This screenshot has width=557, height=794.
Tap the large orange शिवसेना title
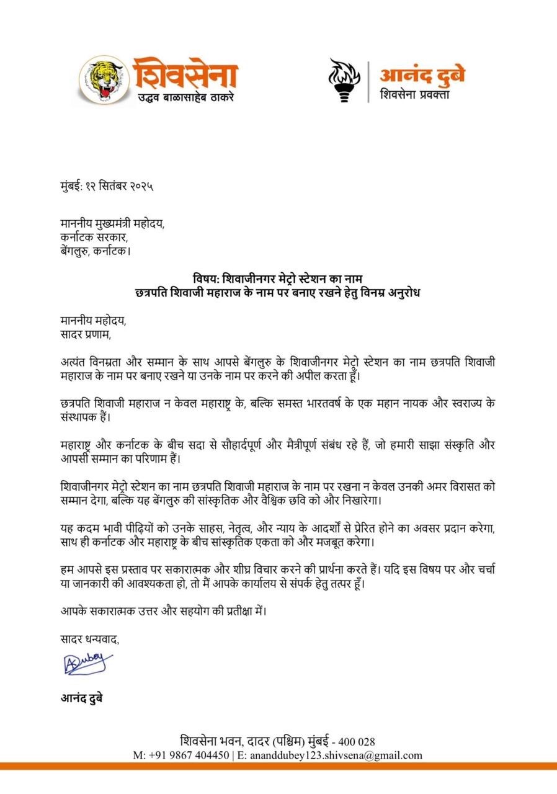pos(184,73)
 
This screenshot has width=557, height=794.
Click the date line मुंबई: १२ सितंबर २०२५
pos(107,186)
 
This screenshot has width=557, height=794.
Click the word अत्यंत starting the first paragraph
pos(76,362)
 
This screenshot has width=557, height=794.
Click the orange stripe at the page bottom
pos(278,767)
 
